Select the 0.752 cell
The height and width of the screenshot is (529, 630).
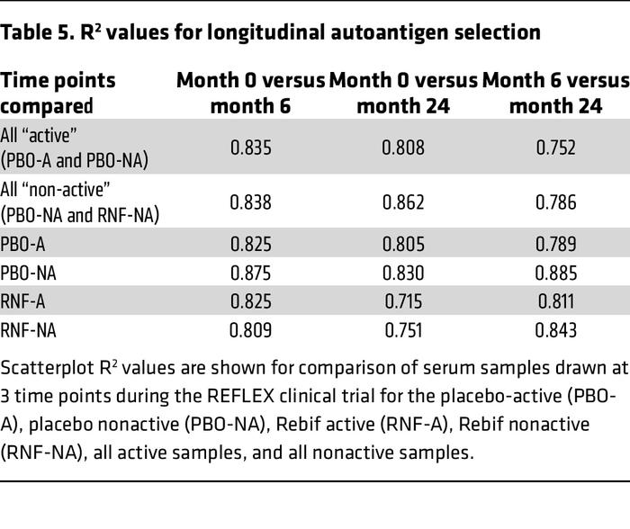(x=556, y=147)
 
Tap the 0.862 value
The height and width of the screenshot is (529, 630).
(x=403, y=203)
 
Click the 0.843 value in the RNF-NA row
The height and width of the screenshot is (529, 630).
(x=556, y=330)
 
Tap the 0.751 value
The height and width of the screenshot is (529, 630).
(x=403, y=330)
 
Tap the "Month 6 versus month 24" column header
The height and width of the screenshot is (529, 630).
(x=556, y=93)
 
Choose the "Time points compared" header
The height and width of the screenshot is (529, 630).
(x=58, y=93)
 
